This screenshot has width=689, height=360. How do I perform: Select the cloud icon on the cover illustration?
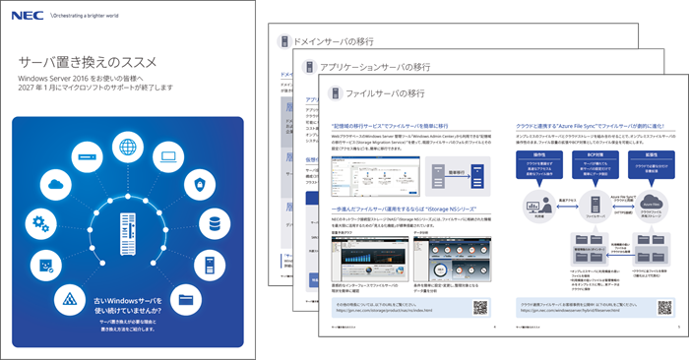point(54,185)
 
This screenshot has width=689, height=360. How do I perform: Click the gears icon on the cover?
point(39,223)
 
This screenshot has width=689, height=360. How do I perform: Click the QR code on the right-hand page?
point(656,307)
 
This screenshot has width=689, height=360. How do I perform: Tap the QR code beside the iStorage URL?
point(479,308)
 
